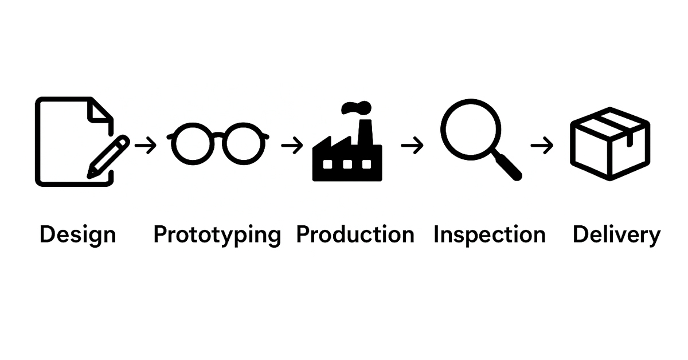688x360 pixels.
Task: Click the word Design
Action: [x=77, y=234]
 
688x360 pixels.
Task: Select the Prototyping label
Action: [x=217, y=235]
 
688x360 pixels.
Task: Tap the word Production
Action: [x=355, y=234]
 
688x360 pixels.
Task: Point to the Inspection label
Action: [x=489, y=234]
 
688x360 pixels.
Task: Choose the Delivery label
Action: [x=616, y=234]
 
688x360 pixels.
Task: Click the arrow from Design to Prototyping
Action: [x=146, y=146]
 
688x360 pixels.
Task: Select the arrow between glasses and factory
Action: [x=292, y=146]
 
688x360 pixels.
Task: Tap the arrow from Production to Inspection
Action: [x=412, y=146]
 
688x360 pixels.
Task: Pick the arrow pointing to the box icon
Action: [x=542, y=146]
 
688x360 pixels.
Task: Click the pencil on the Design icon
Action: [x=108, y=156]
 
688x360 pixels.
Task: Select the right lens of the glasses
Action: [x=244, y=143]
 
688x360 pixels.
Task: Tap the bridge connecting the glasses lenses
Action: [x=218, y=135]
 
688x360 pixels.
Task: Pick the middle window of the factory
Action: [x=347, y=165]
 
